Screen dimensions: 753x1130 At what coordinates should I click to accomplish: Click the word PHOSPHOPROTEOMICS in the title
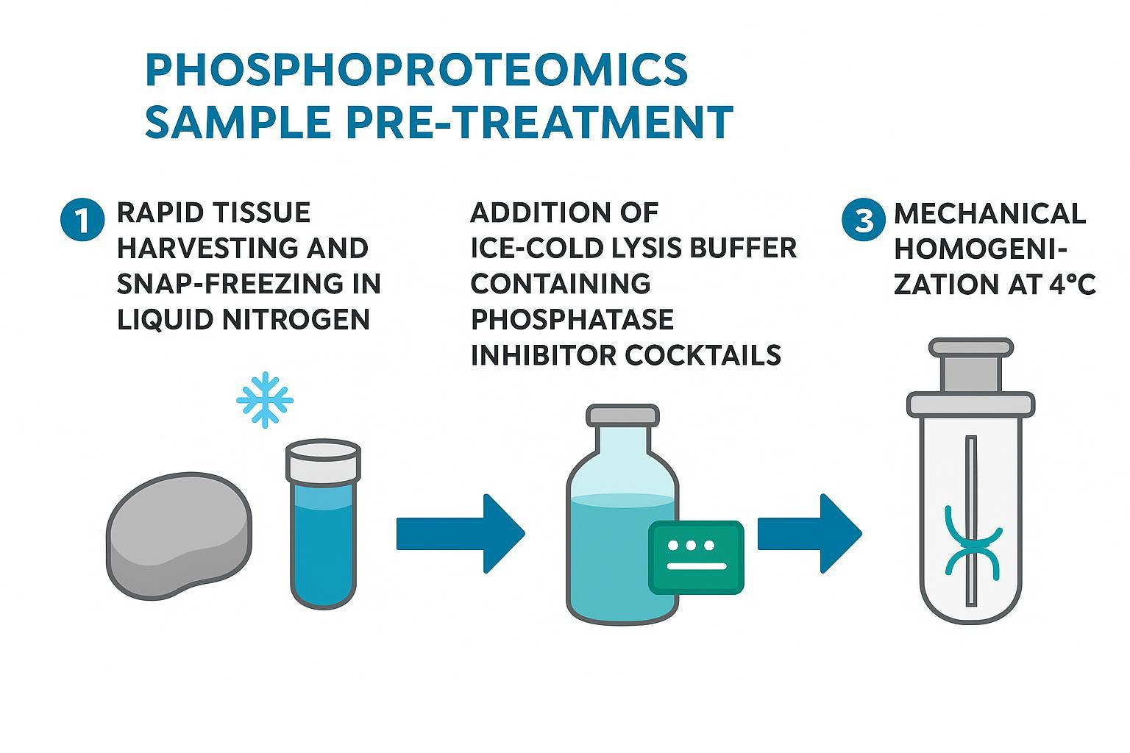[416, 71]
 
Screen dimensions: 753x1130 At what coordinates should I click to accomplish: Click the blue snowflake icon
[265, 400]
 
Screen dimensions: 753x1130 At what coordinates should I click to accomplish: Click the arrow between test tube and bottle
[460, 533]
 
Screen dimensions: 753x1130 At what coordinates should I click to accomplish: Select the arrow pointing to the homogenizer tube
[808, 533]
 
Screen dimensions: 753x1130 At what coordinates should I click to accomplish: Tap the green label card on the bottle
[696, 557]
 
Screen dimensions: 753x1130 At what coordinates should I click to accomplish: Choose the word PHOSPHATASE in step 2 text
[572, 319]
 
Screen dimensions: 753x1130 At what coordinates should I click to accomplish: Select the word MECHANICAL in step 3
[989, 213]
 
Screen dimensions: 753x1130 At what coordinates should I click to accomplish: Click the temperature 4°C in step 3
[1073, 284]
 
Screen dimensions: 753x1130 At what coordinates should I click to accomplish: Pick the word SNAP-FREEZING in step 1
[249, 284]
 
